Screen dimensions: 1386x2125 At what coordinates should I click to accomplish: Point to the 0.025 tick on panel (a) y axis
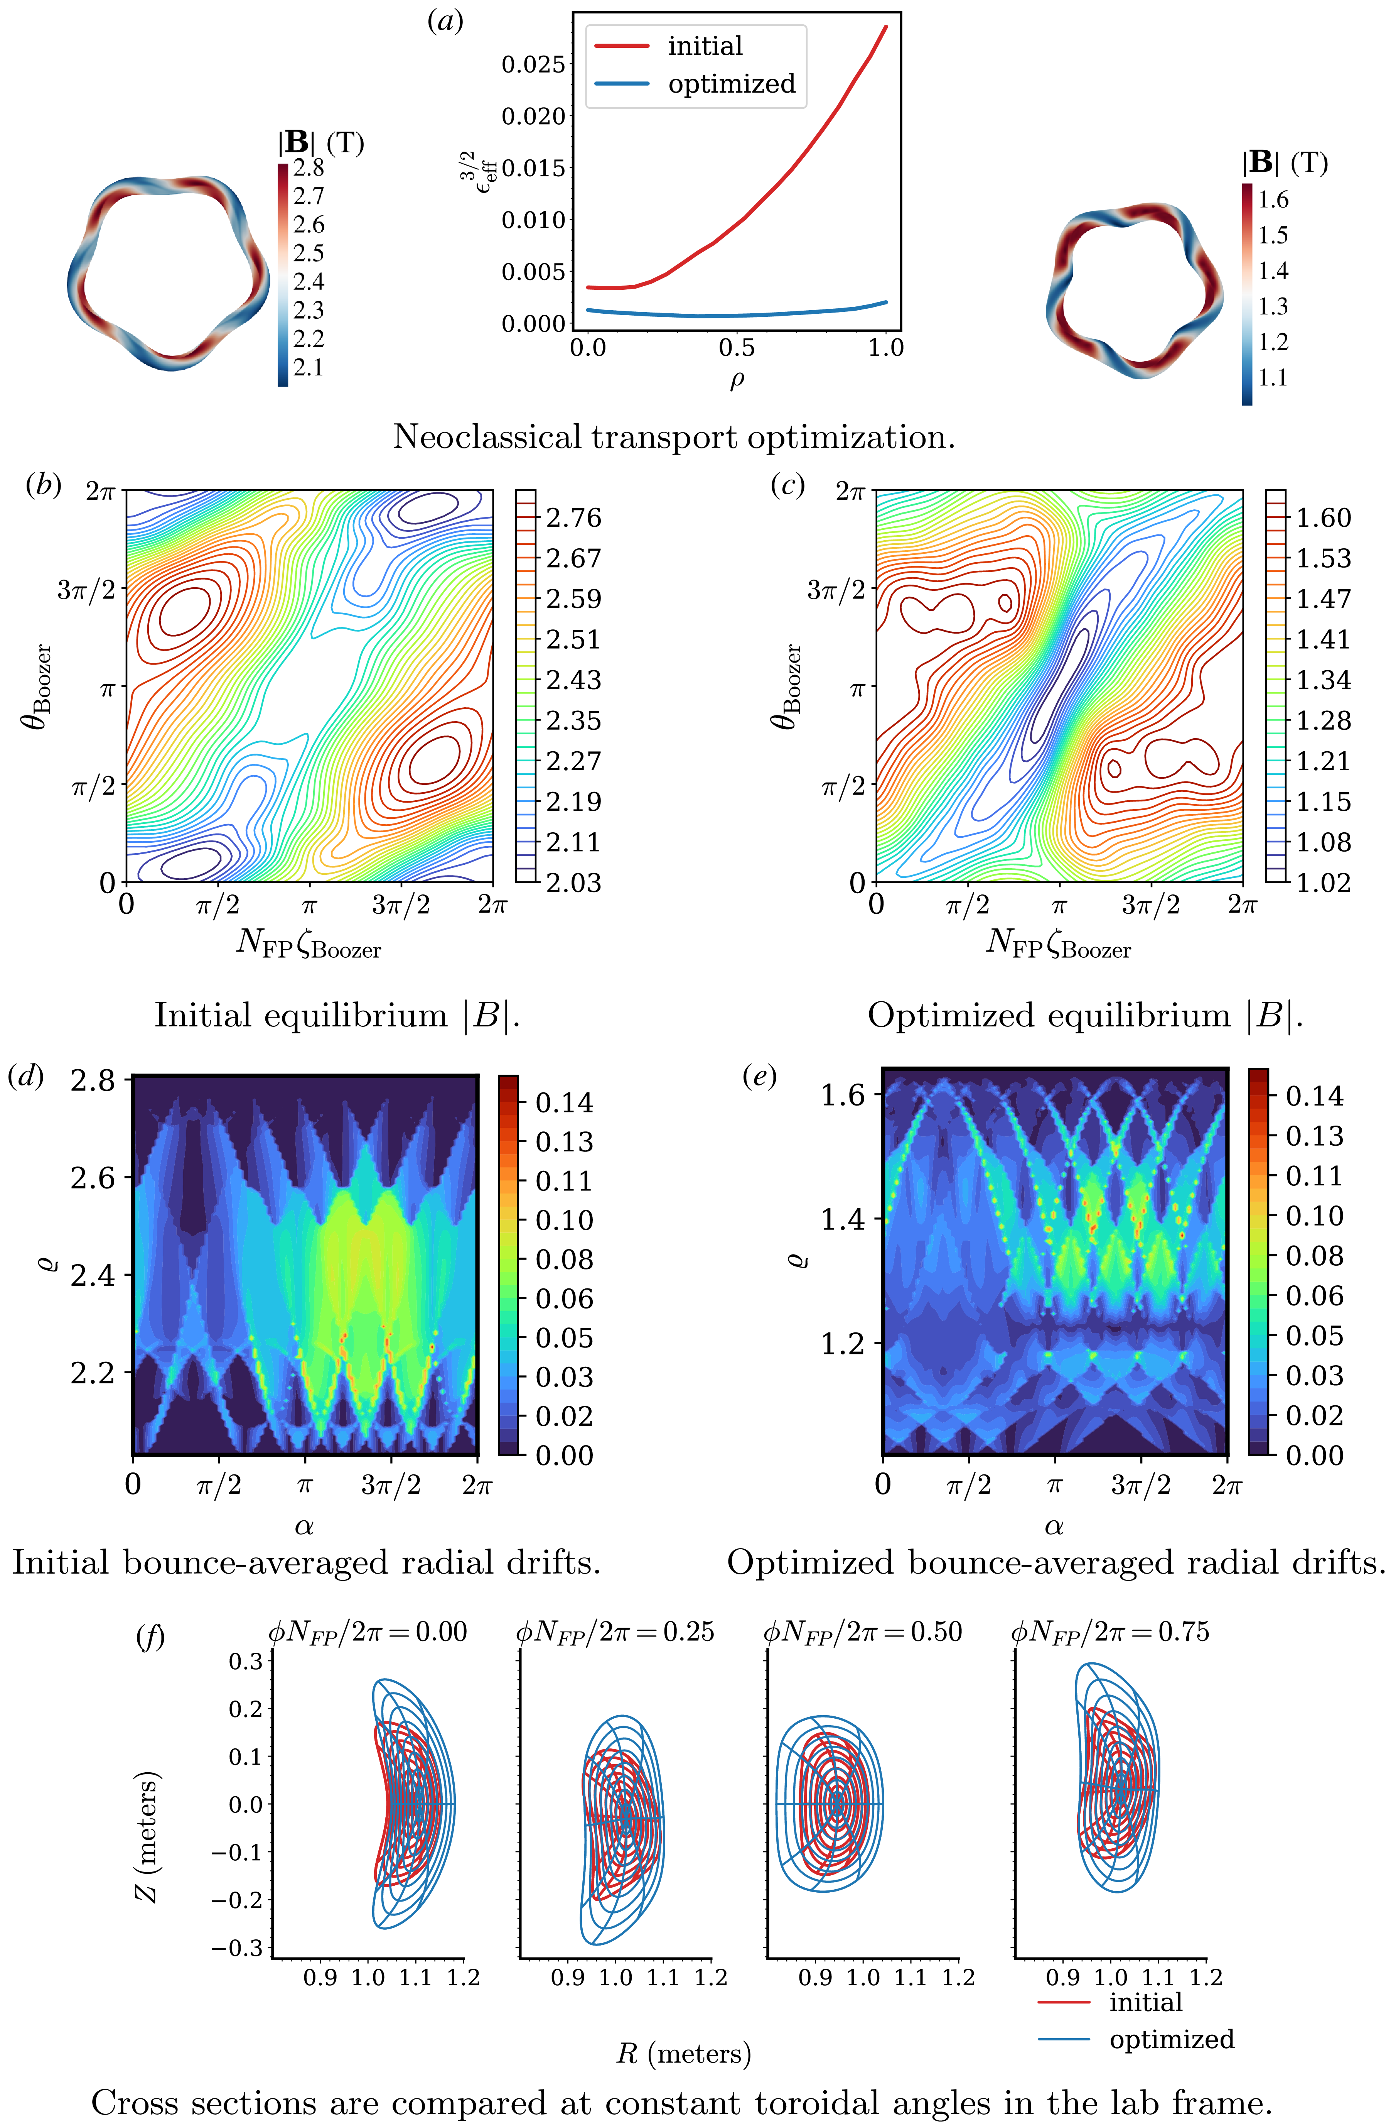534,64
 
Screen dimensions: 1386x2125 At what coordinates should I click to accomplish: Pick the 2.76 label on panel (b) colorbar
574,518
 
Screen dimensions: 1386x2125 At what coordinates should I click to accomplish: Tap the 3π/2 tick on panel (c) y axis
836,589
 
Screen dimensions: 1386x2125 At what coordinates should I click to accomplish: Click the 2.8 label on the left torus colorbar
309,168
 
